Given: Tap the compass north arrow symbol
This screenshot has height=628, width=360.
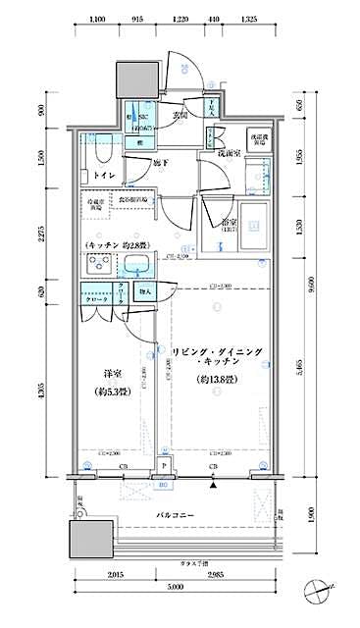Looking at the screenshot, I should point(319,593).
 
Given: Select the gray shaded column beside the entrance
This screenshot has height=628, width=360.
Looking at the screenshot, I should point(135,78).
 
